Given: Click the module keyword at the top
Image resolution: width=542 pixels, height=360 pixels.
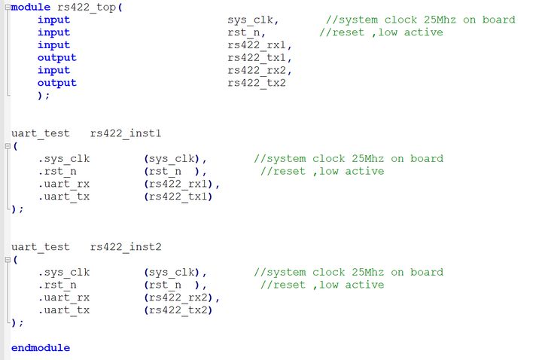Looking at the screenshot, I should point(31,7).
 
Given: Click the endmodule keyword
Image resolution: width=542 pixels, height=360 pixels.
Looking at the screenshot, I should point(41,348).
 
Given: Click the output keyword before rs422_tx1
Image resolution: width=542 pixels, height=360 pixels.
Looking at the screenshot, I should point(57,58).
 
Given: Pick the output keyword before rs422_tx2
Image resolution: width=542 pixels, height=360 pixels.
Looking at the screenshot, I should point(57,83).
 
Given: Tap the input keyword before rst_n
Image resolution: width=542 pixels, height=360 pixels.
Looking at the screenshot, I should point(53,32).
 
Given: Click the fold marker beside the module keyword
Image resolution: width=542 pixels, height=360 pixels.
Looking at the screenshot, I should point(6,8).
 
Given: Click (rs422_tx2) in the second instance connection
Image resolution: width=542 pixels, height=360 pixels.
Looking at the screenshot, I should point(178,310).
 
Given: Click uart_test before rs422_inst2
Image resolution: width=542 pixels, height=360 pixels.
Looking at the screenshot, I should point(41,247).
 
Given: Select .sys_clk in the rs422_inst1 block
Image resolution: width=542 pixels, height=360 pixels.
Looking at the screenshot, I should point(64,159).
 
